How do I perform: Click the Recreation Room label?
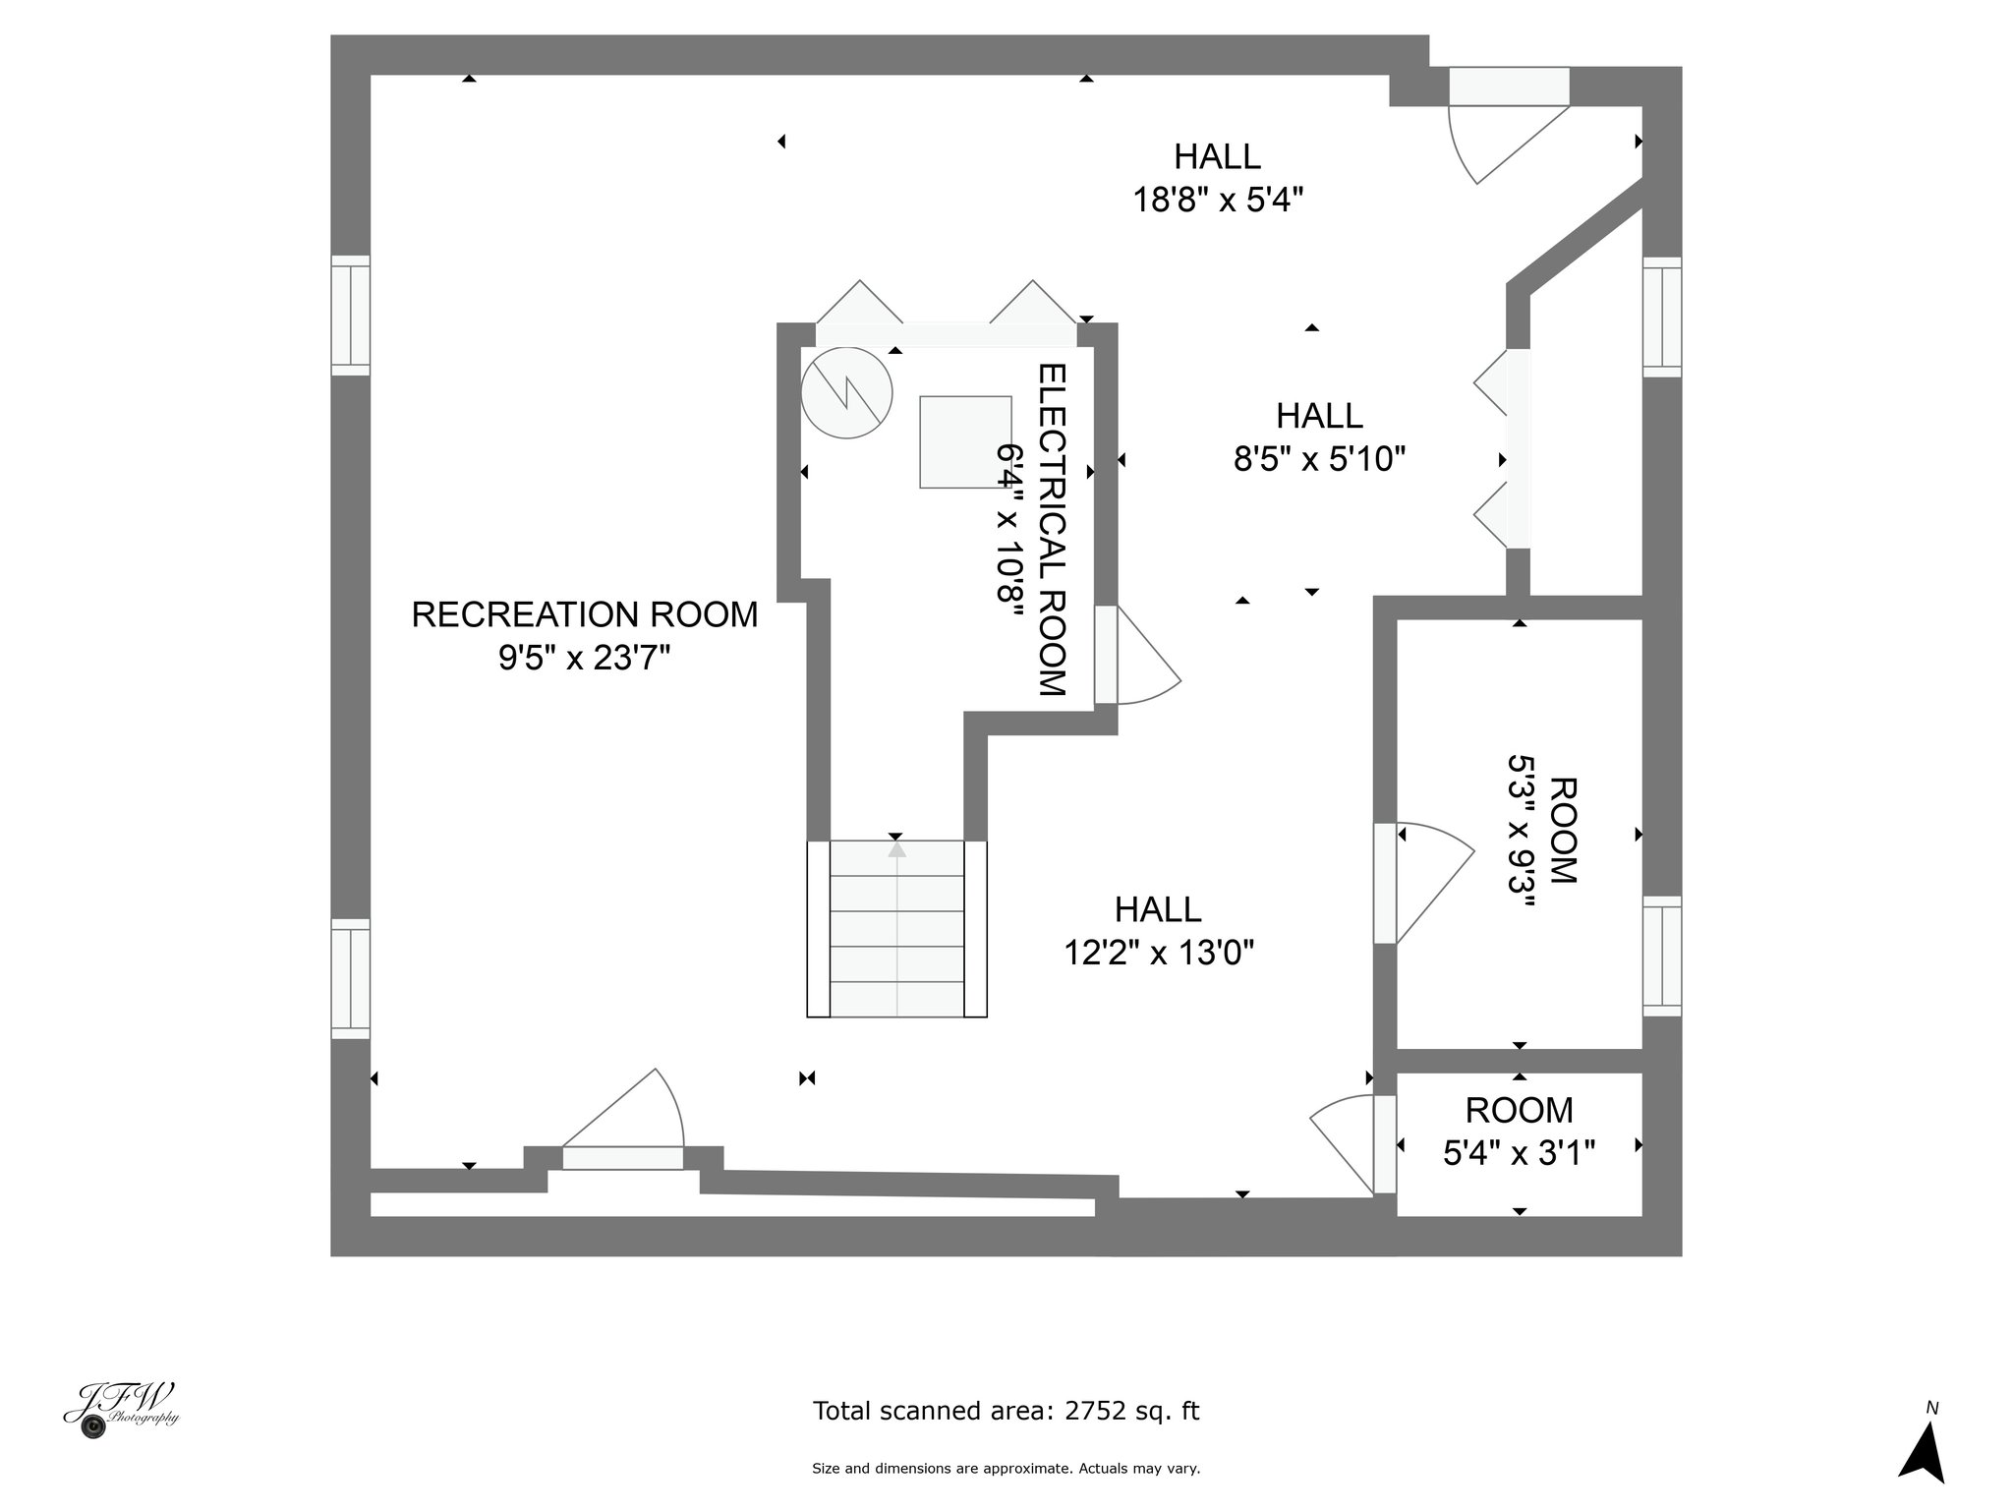585,614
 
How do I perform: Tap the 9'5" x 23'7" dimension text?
585,657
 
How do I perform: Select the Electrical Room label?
1053,530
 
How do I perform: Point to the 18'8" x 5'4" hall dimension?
1218,200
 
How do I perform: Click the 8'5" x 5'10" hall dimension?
1319,458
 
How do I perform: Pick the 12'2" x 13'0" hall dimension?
1159,952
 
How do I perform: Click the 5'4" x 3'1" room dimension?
1519,1152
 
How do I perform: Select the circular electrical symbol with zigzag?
846,392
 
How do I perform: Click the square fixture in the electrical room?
965,442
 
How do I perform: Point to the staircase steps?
896,928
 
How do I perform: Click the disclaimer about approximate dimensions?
1006,1469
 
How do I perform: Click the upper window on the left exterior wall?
350,315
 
